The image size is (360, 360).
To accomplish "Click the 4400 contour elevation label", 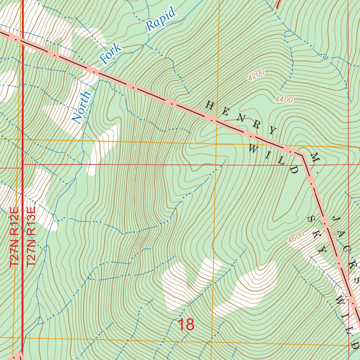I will (x=284, y=100).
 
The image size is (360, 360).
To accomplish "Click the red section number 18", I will (x=186, y=325).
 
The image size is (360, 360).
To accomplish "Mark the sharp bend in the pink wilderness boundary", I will (x=302, y=154).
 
